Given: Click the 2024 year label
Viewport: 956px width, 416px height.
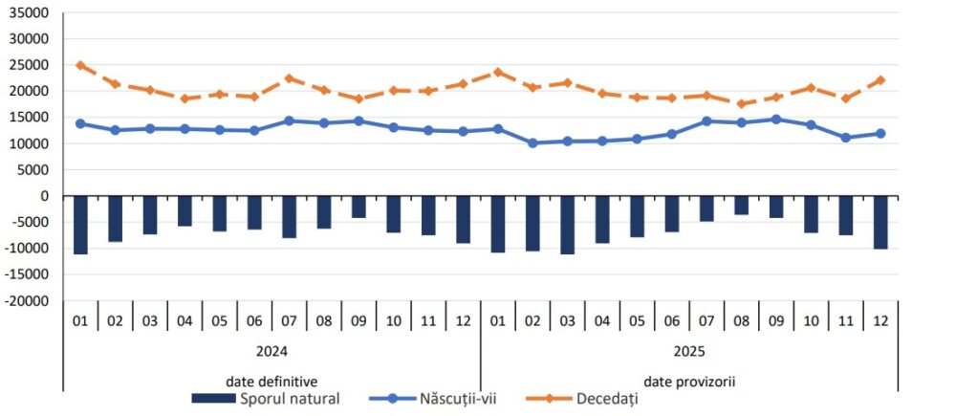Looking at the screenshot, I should pyautogui.click(x=272, y=351).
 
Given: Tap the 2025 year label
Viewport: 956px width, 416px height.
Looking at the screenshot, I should pyautogui.click(x=688, y=351).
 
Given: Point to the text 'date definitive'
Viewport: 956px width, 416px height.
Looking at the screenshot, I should pyautogui.click(x=272, y=381).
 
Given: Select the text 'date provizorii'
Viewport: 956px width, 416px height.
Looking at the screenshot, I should pyautogui.click(x=688, y=381).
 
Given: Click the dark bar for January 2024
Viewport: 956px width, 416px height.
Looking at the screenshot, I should pyautogui.click(x=80, y=225).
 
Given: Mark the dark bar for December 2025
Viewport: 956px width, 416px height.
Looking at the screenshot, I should pyautogui.click(x=880, y=222).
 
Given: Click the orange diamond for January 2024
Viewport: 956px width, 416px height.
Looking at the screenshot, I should pyautogui.click(x=80, y=65).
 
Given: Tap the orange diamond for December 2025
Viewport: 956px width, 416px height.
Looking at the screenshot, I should pyautogui.click(x=880, y=80).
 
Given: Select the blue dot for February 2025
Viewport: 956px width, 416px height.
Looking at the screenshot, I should pyautogui.click(x=532, y=143).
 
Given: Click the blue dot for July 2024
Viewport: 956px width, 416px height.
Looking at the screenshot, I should pyautogui.click(x=289, y=120).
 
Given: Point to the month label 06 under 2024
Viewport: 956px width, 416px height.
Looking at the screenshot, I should pyautogui.click(x=254, y=320).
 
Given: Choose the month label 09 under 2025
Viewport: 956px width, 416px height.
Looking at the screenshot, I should pyautogui.click(x=776, y=320).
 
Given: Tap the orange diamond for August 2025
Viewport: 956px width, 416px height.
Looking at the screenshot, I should pyautogui.click(x=741, y=104).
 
